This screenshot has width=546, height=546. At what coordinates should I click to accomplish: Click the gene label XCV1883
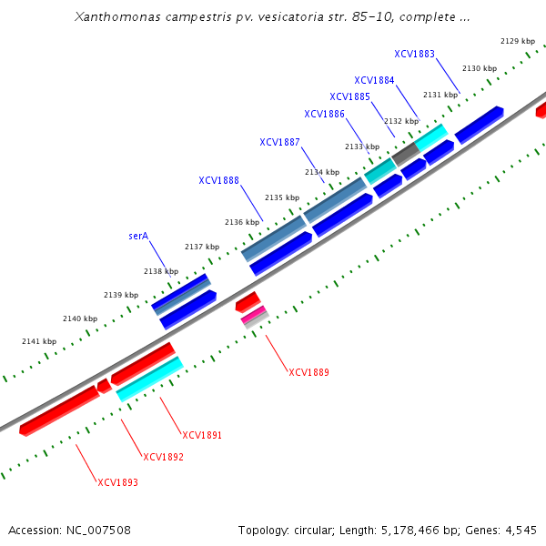414,54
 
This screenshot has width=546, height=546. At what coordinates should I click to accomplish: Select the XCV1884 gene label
374,80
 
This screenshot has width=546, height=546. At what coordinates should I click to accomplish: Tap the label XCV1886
324,114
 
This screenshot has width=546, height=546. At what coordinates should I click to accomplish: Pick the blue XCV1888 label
218,180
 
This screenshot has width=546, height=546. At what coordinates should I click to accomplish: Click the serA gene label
138,236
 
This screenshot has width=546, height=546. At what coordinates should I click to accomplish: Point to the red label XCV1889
308,372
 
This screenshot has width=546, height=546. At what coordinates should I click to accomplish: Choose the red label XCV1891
202,435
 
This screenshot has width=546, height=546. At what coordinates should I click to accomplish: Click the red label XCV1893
117,482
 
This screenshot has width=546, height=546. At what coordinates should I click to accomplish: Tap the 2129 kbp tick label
518,41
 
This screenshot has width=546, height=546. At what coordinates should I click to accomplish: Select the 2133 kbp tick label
362,147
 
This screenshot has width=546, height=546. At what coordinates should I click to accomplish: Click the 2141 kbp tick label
38,341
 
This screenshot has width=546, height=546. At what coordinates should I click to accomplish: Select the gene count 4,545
523,530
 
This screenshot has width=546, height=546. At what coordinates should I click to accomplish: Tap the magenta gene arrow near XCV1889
255,315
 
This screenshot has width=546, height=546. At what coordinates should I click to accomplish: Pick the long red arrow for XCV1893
58,410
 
